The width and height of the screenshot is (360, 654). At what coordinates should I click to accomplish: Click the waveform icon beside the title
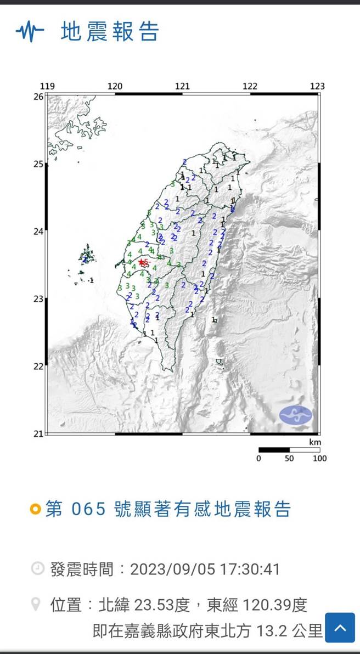tap(30, 32)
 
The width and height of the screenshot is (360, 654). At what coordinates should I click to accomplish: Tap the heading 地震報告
tap(110, 32)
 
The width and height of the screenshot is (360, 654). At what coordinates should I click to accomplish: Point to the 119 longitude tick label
tap(47, 86)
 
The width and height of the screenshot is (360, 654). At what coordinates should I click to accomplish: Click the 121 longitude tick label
tap(182, 86)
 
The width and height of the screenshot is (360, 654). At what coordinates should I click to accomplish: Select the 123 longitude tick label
tap(317, 86)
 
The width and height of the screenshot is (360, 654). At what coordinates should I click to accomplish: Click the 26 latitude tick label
tap(38, 97)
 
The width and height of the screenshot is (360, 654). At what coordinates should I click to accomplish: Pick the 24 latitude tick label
tap(38, 232)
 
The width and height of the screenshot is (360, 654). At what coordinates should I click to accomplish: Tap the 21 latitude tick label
tap(38, 434)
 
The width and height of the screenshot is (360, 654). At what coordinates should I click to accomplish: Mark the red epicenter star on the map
tap(142, 263)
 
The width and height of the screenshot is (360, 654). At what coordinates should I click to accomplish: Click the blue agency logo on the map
tap(295, 415)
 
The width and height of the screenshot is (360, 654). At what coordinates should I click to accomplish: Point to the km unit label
tap(315, 442)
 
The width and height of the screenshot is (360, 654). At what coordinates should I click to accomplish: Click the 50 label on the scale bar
tap(289, 458)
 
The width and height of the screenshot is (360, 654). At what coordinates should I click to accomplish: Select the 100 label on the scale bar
tap(319, 458)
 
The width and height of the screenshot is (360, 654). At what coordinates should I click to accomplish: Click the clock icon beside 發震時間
tap(37, 568)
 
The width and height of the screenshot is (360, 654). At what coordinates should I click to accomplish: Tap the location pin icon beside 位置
tap(36, 605)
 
